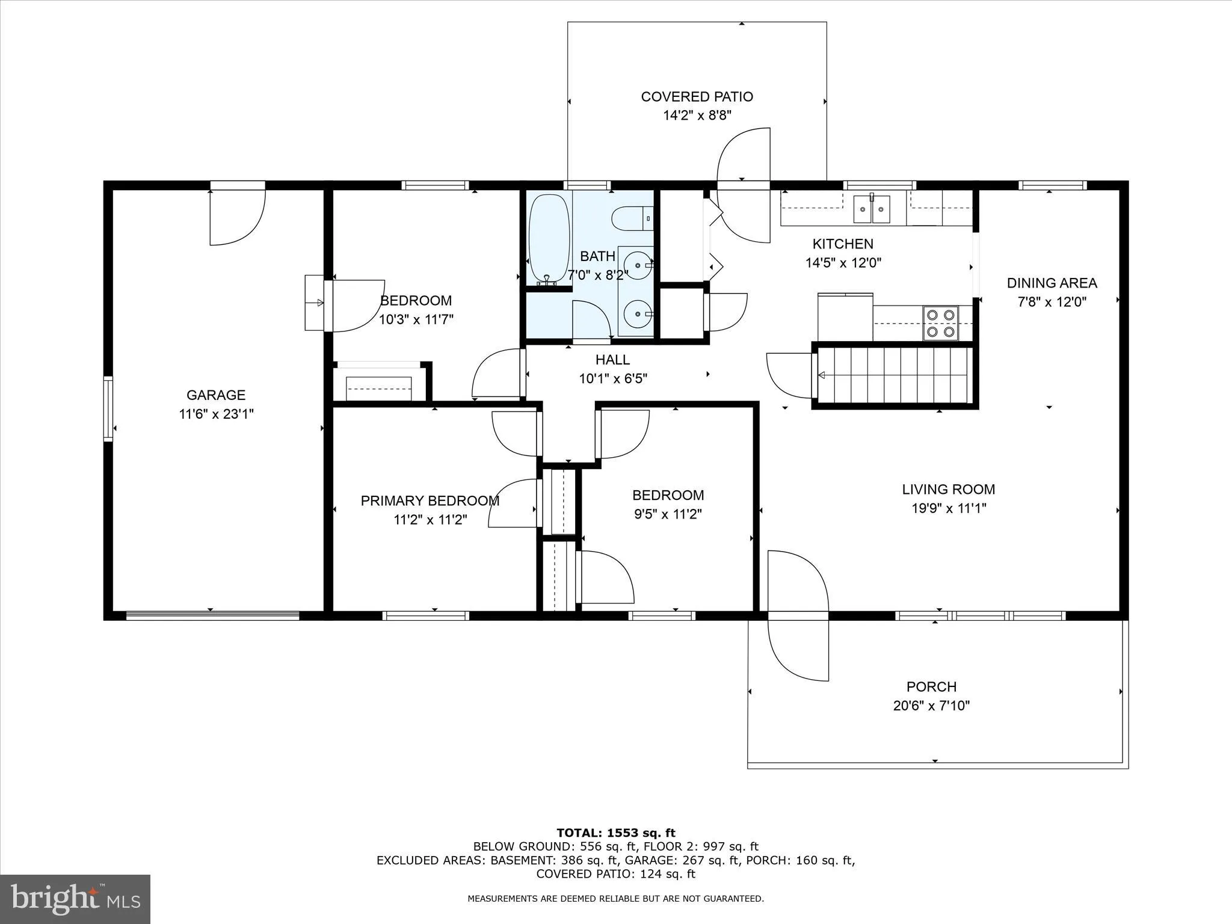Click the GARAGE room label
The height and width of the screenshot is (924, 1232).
click(x=215, y=395)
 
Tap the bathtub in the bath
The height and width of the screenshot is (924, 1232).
click(x=548, y=237)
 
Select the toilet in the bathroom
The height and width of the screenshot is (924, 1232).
click(x=632, y=218)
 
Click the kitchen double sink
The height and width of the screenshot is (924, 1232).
click(x=871, y=210)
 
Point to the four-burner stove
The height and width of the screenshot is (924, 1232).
click(x=940, y=323)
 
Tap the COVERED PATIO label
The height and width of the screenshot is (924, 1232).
click(x=697, y=97)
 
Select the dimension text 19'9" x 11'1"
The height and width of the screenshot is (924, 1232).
click(x=948, y=508)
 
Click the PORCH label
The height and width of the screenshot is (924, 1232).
click(x=931, y=686)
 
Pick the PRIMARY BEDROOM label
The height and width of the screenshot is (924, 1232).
click(x=430, y=500)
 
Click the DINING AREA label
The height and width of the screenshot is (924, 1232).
click(x=1052, y=283)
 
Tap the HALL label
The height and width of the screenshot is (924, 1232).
click(x=612, y=360)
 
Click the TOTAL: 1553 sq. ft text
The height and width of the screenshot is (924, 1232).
click(x=615, y=833)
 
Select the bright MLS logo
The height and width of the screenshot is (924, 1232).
click(x=75, y=899)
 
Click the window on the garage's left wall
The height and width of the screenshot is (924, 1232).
click(x=108, y=408)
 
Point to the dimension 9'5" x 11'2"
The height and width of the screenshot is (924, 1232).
click(x=668, y=514)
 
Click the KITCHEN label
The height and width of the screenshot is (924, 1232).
click(x=842, y=244)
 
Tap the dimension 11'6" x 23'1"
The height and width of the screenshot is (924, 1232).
click(x=216, y=414)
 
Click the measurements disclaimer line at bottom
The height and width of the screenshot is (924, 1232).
click(x=615, y=899)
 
